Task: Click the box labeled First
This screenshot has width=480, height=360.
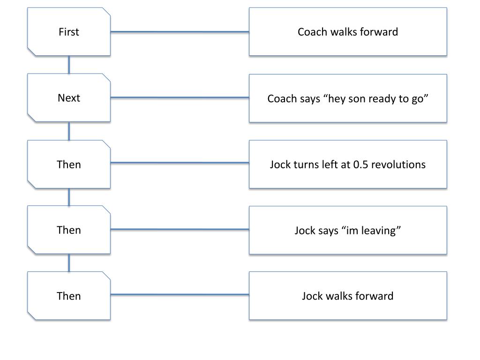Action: pos(69,32)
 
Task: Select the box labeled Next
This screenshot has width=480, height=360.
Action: pos(69,97)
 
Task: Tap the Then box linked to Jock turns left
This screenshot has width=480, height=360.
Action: pos(69,164)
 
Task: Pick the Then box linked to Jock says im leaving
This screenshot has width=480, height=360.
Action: pos(69,230)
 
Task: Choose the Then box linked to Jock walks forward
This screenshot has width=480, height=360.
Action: pos(69,296)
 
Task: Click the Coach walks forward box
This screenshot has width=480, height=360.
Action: pos(348,32)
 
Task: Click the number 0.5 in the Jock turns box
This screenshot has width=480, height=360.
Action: pos(360,165)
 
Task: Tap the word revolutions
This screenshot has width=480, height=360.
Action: pos(398,165)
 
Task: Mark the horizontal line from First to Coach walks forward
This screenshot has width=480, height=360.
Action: pos(180,31)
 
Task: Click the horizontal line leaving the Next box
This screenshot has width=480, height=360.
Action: pos(180,97)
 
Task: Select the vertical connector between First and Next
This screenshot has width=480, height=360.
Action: pos(69,65)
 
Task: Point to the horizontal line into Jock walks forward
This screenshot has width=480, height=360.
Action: pos(180,294)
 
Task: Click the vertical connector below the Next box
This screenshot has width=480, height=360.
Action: pos(69,131)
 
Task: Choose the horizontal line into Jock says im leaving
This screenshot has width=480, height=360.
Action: pos(180,229)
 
